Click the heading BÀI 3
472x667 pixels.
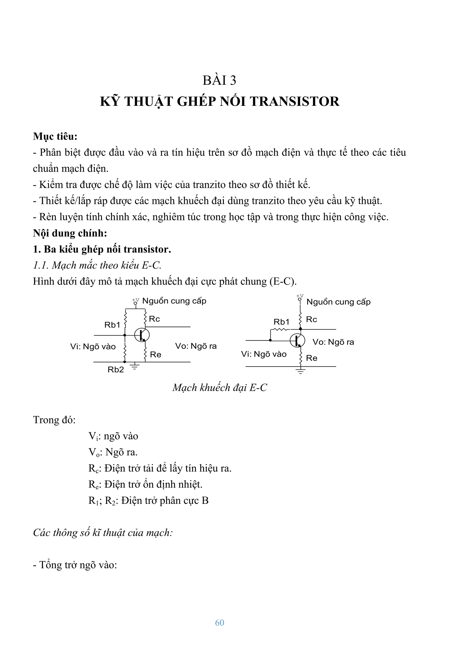219,81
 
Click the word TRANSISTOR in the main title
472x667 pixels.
294,102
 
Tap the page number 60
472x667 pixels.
220,622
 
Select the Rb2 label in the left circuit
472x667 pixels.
115,370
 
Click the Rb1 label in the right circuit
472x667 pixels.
281,322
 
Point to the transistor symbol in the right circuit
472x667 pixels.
297,340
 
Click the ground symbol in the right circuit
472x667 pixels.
301,371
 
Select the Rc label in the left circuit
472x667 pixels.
154,319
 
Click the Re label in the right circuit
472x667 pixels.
311,358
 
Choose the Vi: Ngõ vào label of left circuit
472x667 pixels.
93,347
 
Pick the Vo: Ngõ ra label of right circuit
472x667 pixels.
333,342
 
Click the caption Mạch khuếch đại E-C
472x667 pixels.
220,388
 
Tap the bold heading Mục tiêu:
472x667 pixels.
55,136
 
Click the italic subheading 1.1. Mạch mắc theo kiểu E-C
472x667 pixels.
97,265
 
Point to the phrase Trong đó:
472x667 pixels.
54,420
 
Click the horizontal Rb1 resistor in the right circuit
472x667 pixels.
280,329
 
